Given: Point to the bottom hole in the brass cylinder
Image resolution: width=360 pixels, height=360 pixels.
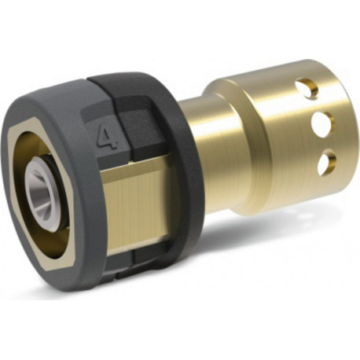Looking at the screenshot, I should coord(325,162).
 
